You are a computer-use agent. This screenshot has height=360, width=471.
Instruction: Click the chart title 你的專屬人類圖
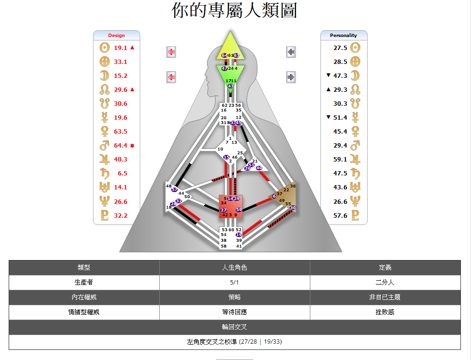coord(234,11)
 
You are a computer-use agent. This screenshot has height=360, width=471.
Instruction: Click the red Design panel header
coord(116,35)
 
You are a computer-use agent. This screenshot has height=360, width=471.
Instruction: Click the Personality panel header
coord(344,35)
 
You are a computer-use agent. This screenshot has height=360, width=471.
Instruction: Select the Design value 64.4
coord(121,146)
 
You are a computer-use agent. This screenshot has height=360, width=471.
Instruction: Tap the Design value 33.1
coord(121,62)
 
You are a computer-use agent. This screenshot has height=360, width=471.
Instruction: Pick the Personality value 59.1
coord(340,160)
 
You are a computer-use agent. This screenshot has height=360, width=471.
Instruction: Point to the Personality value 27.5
coord(340,48)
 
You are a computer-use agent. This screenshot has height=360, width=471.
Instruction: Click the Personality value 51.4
coord(340,118)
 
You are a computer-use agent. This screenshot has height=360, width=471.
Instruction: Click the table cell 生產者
coord(84,283)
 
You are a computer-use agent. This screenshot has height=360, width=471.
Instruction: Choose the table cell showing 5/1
coord(234,283)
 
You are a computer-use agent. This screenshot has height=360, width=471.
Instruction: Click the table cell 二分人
coord(385,283)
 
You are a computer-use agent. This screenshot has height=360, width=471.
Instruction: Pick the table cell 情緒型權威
coord(84,312)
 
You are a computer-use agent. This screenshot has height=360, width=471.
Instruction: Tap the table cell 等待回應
coord(234,312)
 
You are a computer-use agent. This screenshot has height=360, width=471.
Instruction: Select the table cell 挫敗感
coord(385,312)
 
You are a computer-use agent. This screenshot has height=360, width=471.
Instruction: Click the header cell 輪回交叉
coord(234,327)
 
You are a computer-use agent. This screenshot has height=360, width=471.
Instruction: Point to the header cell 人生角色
coord(234,268)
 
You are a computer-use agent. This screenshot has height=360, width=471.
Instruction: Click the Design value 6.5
coord(122,174)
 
